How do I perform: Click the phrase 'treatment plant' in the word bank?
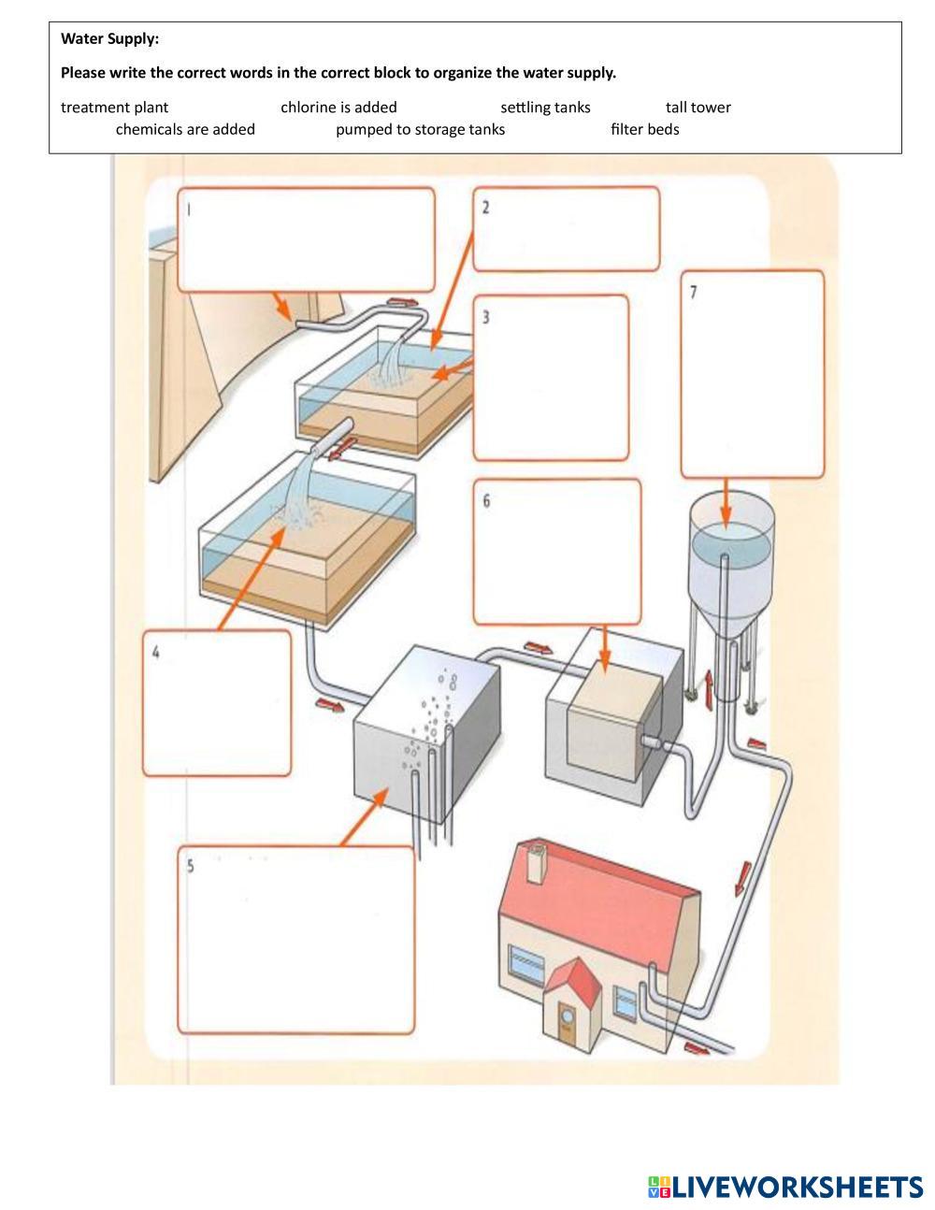pyautogui.click(x=114, y=108)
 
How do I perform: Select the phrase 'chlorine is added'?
pyautogui.click(x=338, y=108)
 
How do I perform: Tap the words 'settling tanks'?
pyautogui.click(x=545, y=108)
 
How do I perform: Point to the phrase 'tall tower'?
pyautogui.click(x=698, y=108)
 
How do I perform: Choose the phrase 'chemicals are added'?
pyautogui.click(x=185, y=129)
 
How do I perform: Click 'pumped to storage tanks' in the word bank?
pyautogui.click(x=420, y=129)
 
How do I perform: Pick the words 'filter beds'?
pyautogui.click(x=644, y=129)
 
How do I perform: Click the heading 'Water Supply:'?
pyautogui.click(x=109, y=39)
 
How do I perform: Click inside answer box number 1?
pyautogui.click(x=306, y=240)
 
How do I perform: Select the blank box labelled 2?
pyautogui.click(x=566, y=229)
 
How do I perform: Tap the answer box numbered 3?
pyautogui.click(x=551, y=379)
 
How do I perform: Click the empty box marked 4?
pyautogui.click(x=217, y=703)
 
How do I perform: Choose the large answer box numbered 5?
pyautogui.click(x=295, y=940)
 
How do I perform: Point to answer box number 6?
pyautogui.click(x=557, y=552)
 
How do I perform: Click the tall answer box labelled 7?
pyautogui.click(x=753, y=374)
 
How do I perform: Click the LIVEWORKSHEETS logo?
pyautogui.click(x=784, y=1188)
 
